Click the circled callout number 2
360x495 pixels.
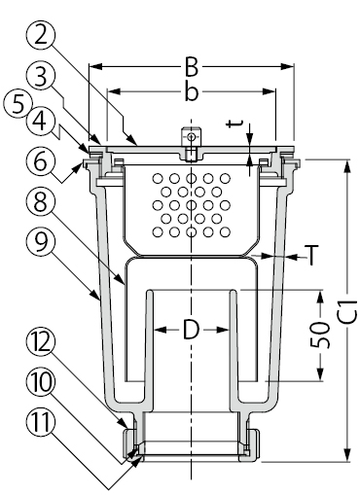click(40, 37)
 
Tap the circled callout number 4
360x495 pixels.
click(40, 122)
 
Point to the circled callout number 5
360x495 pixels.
click(18, 106)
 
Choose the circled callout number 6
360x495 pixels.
click(40, 161)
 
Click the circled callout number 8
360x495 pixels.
click(40, 204)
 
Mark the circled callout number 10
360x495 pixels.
click(40, 383)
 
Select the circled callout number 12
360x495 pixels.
click(40, 343)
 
